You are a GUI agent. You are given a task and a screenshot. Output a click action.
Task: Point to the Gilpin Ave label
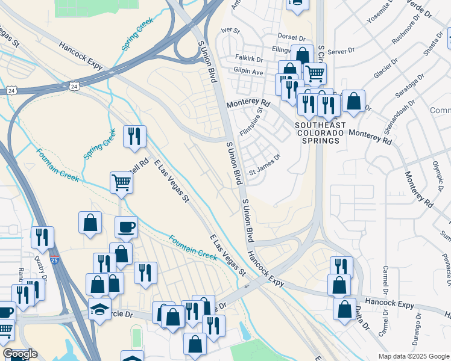pos(248,72)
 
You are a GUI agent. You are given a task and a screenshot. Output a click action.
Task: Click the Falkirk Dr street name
pos(249,60)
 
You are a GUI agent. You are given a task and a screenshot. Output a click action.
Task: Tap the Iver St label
pos(230,30)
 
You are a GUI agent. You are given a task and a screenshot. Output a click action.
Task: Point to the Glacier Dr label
pos(385,68)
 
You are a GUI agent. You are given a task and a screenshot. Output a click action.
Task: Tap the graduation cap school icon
pos(99,309)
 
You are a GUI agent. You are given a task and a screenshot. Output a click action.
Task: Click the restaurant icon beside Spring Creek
pos(134,135)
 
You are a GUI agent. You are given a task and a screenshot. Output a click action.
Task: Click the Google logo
pos(20,354)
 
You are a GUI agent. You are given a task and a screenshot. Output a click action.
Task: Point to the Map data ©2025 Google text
pos(414,356)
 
